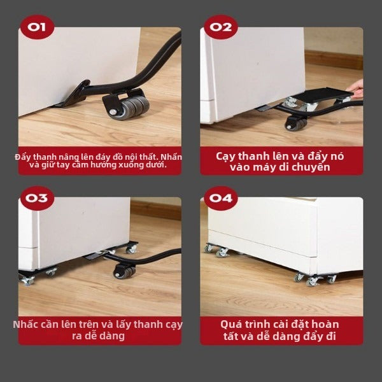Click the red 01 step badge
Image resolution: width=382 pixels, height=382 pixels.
coord(37,27)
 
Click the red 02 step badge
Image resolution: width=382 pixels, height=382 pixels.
coord(221,27)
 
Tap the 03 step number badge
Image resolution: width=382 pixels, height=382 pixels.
coord(37,198)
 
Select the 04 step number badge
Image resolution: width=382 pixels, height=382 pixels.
coord(221,198)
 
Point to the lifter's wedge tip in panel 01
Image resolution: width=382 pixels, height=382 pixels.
coord(52,106)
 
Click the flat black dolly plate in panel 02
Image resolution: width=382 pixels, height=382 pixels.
coord(323,95)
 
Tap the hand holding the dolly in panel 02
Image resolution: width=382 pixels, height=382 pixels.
coord(355,88)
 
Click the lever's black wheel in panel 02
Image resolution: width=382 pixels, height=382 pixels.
coord(296,124)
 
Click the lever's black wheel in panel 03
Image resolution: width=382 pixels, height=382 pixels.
coord(124,272)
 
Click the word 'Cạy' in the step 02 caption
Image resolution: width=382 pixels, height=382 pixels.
coord(225,157)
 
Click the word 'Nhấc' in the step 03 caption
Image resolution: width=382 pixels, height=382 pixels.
coord(24,325)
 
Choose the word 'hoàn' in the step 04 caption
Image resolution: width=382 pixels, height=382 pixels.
coord(325,325)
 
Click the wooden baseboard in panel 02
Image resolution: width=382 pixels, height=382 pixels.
coord(334,60)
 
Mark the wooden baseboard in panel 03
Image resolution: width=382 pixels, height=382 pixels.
coord(156,210)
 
